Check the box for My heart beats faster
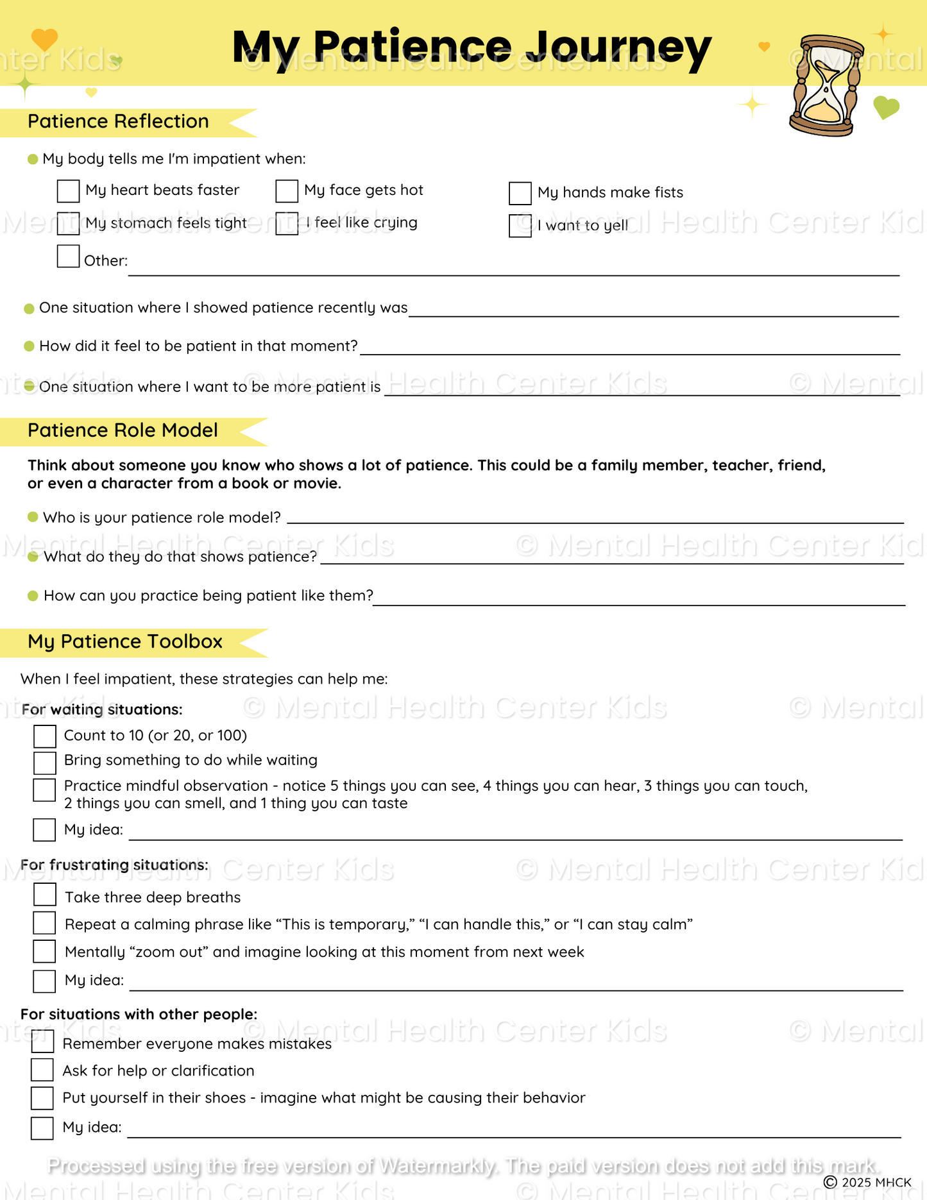click(x=68, y=191)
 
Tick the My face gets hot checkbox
click(x=287, y=191)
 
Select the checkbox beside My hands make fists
click(x=520, y=193)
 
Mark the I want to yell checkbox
click(x=520, y=226)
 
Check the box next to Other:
click(x=68, y=257)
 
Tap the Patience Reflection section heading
click(x=118, y=122)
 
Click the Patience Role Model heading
click(x=123, y=430)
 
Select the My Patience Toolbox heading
click(x=125, y=642)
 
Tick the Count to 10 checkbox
click(x=45, y=736)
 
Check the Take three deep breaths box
click(x=45, y=895)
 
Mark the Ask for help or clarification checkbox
click(x=42, y=1070)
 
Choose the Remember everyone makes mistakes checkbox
click(x=42, y=1042)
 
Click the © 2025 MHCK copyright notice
click(x=867, y=1182)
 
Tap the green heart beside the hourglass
click(x=886, y=108)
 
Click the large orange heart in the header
click(x=44, y=39)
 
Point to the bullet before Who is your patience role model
click(x=33, y=517)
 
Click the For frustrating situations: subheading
click(x=114, y=865)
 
